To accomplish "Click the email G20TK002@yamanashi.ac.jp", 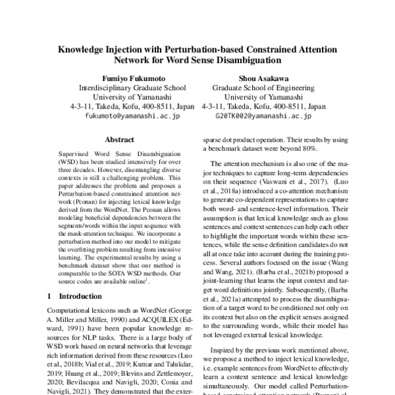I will click(x=264, y=115).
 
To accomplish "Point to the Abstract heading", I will click(x=119, y=140).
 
